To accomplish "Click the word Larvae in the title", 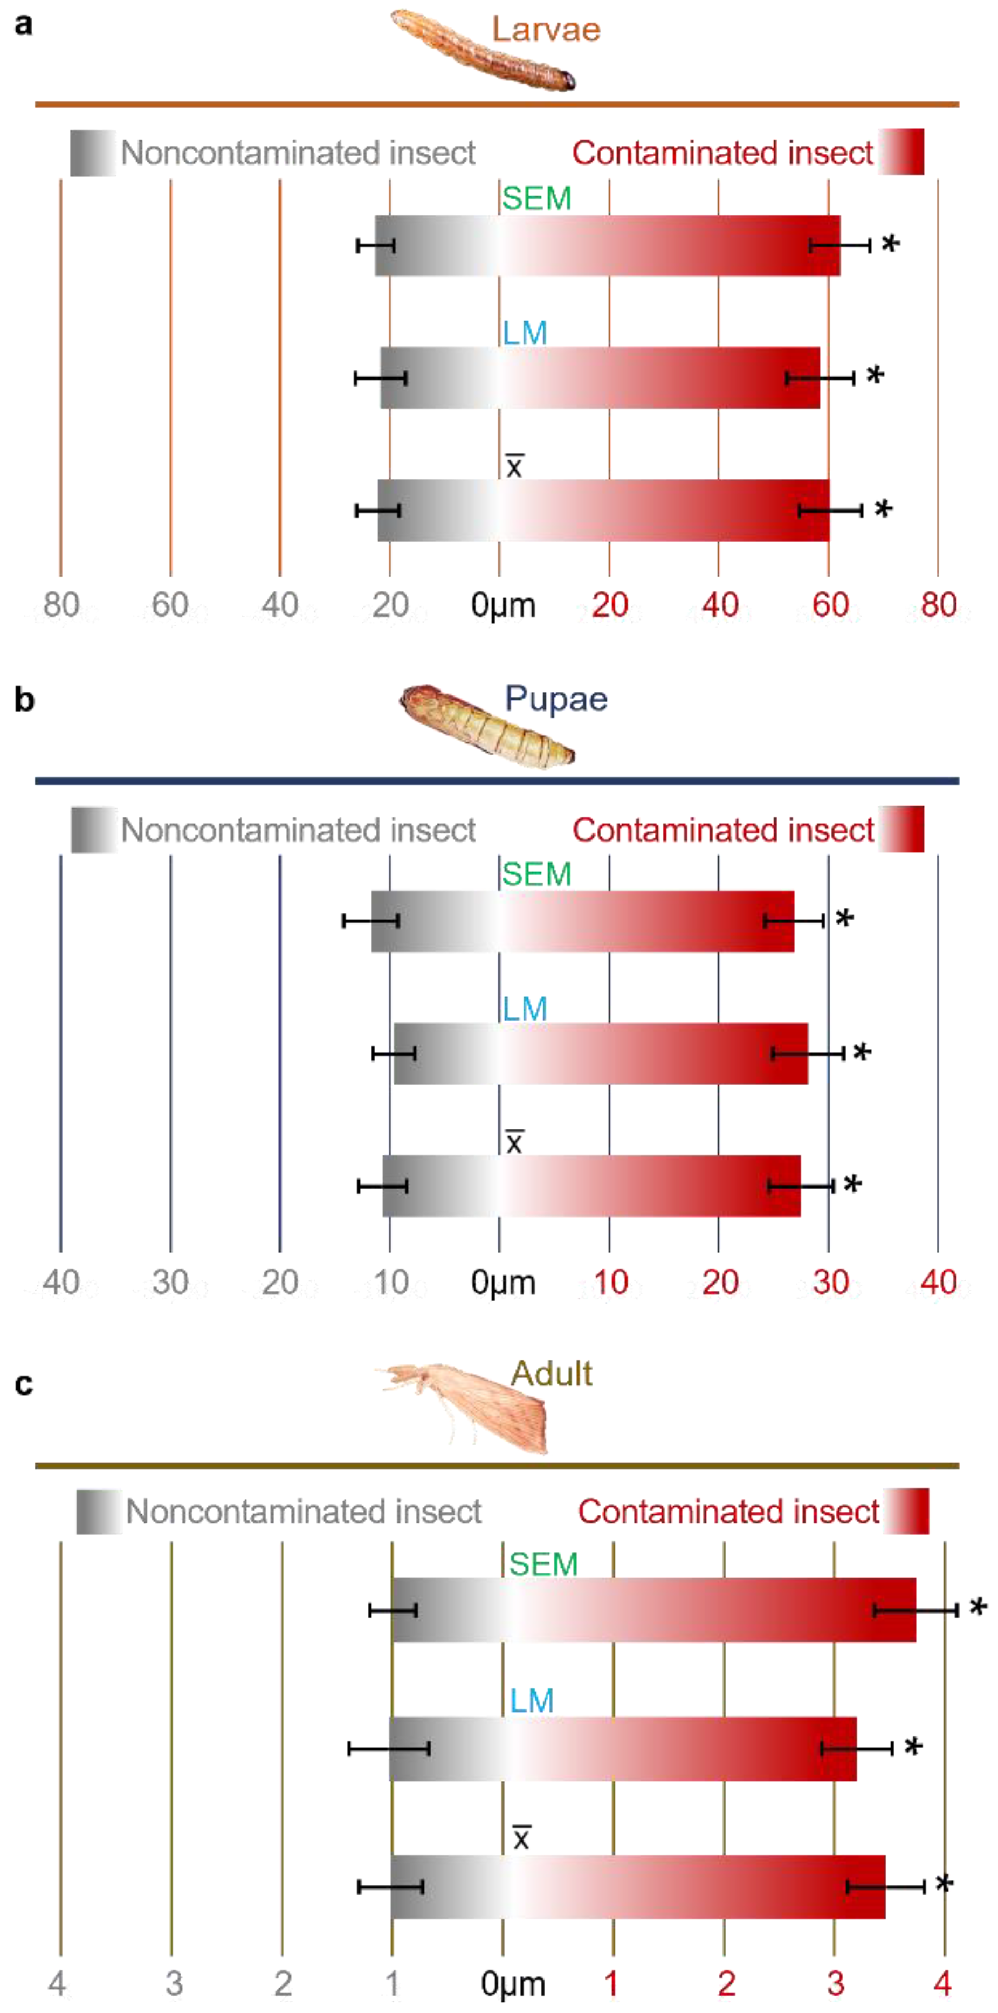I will click(546, 30).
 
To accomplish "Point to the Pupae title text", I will click(556, 699).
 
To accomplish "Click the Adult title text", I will click(551, 1373).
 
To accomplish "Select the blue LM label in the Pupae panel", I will click(525, 1008).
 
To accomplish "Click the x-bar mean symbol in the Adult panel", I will click(521, 1837).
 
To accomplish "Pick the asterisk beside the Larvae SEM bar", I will click(890, 245).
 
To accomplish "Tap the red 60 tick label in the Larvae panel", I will click(829, 605).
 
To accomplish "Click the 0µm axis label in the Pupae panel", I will click(503, 1283).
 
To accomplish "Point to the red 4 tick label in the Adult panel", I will click(942, 1982).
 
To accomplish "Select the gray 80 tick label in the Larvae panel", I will click(61, 605).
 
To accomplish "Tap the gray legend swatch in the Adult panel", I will click(99, 1511).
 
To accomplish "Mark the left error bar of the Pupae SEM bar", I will click(371, 921).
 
